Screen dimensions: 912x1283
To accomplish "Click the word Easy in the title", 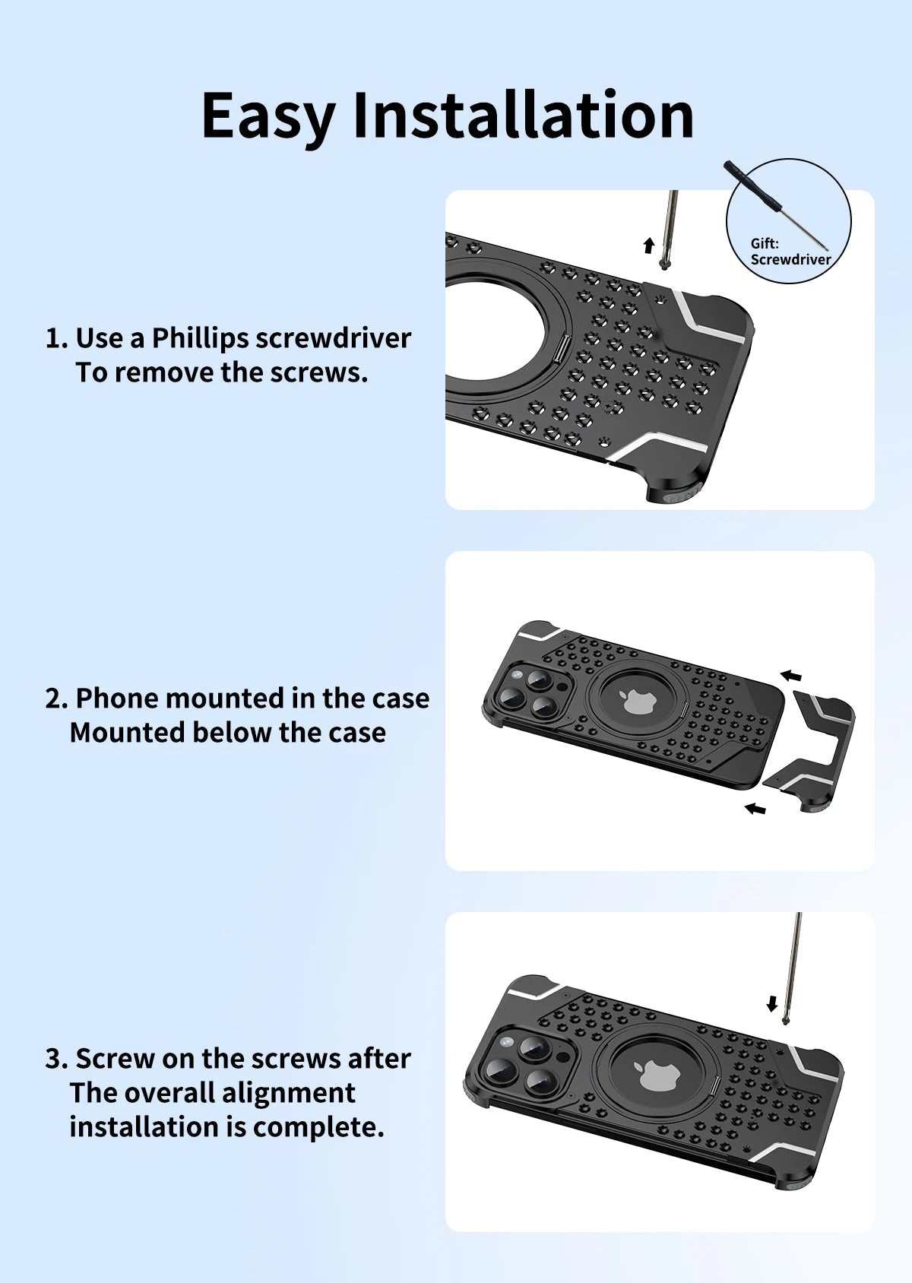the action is click(x=268, y=117).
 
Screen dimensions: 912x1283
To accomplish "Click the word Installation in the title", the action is click(x=524, y=115).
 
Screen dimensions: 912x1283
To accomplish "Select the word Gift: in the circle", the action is click(x=765, y=243).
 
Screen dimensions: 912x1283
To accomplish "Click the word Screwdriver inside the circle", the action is click(x=790, y=259).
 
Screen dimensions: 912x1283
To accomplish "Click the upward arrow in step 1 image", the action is click(x=648, y=246).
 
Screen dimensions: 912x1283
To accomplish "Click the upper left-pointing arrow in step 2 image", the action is click(x=791, y=676).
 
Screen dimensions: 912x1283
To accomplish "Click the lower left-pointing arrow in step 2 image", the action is click(x=755, y=808).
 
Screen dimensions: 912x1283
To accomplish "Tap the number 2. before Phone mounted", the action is click(x=57, y=699).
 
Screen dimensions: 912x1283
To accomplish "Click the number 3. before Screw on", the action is click(x=57, y=1059).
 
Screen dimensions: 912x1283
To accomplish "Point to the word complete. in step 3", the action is click(x=318, y=1128).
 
